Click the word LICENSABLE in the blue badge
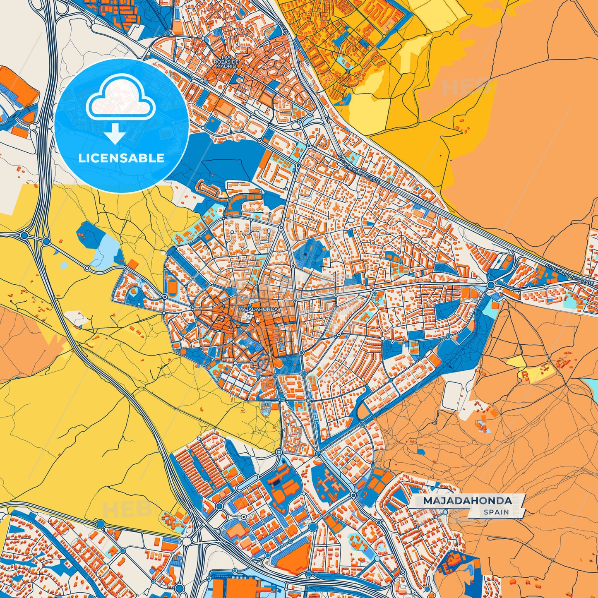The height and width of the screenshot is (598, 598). click(x=121, y=158)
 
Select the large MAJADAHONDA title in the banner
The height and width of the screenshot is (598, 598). click(x=467, y=501)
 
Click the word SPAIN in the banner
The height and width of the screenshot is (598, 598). click(x=496, y=512)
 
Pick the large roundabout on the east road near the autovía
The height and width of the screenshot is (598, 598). click(x=491, y=285)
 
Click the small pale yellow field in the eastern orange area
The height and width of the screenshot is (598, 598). click(x=517, y=362)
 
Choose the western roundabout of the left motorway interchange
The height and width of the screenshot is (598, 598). click(x=24, y=236)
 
